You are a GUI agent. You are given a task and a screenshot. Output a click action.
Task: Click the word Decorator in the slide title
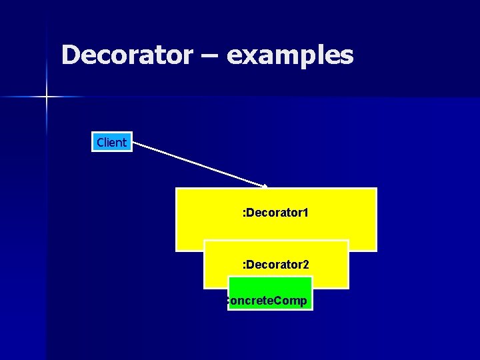point(127,55)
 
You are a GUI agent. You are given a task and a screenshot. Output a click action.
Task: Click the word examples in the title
point(290,56)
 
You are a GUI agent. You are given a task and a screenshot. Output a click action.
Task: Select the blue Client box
point(111,142)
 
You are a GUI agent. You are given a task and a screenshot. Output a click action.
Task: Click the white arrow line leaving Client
point(200,163)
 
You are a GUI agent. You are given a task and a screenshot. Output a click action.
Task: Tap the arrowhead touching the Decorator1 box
point(266,186)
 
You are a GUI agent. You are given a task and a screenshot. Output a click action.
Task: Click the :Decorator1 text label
point(275,214)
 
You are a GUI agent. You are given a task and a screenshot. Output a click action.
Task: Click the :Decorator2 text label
point(275,265)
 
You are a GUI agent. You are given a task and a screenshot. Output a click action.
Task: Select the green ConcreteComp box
point(270,293)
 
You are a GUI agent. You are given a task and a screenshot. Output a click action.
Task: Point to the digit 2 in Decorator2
point(305,265)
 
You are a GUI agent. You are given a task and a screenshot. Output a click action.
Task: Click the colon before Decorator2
point(244,265)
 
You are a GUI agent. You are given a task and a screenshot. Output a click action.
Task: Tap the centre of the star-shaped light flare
point(47,97)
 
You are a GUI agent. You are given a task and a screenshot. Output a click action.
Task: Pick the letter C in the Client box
point(100,142)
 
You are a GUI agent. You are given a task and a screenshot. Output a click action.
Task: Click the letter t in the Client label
point(124,142)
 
